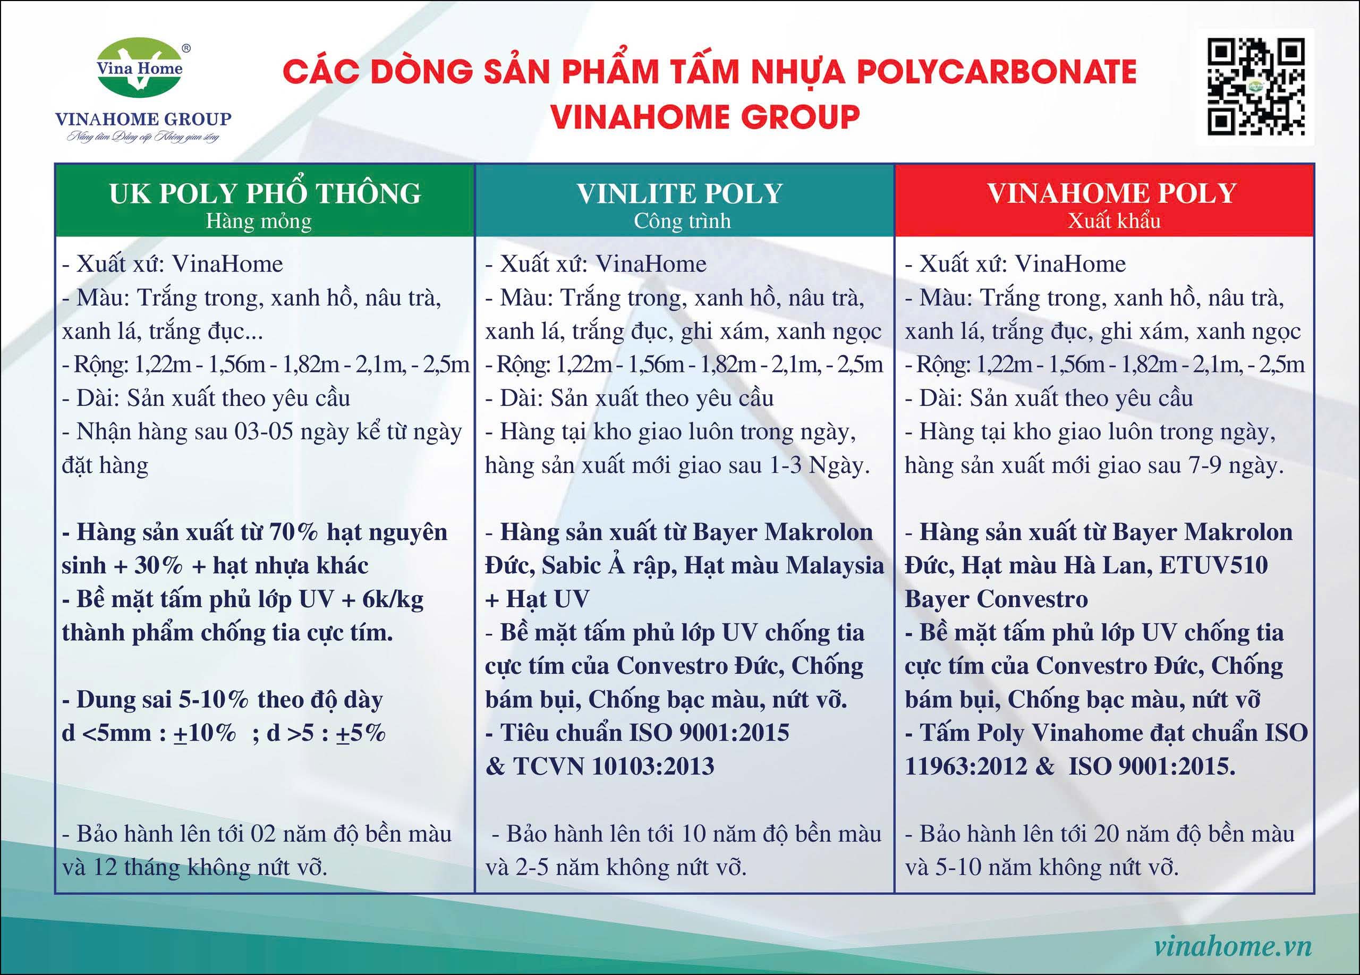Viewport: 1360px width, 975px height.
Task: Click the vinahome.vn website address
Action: pyautogui.click(x=1233, y=946)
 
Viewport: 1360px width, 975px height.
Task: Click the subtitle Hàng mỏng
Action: pyautogui.click(x=259, y=221)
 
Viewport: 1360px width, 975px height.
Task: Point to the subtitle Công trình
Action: pyautogui.click(x=683, y=221)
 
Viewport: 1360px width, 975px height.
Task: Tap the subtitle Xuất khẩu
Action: pyautogui.click(x=1114, y=221)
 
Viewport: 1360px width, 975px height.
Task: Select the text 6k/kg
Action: pyautogui.click(x=393, y=599)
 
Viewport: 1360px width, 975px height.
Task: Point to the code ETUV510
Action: pyautogui.click(x=1214, y=565)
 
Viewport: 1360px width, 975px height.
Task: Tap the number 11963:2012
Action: pyautogui.click(x=966, y=766)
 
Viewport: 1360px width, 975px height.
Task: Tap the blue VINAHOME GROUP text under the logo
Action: pyautogui.click(x=143, y=118)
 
